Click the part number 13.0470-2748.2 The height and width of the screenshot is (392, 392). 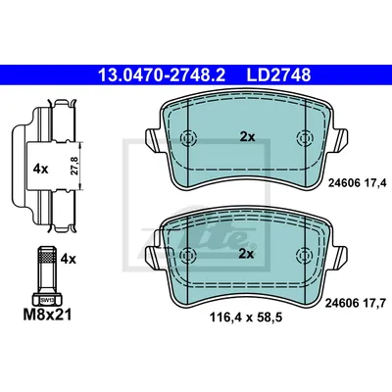tap(162, 75)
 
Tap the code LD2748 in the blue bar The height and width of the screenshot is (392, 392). tap(278, 75)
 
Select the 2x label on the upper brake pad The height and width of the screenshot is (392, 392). tap(247, 137)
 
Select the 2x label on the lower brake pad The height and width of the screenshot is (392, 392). tap(246, 254)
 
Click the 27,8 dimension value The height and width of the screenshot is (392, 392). tap(74, 166)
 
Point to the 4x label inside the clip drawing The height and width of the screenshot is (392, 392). tap(40, 170)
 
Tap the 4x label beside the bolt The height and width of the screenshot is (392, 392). tap(69, 259)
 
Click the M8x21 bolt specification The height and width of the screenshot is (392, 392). tap(47, 316)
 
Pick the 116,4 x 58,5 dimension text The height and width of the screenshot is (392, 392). tap(246, 317)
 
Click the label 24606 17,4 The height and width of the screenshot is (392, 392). tap(357, 183)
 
